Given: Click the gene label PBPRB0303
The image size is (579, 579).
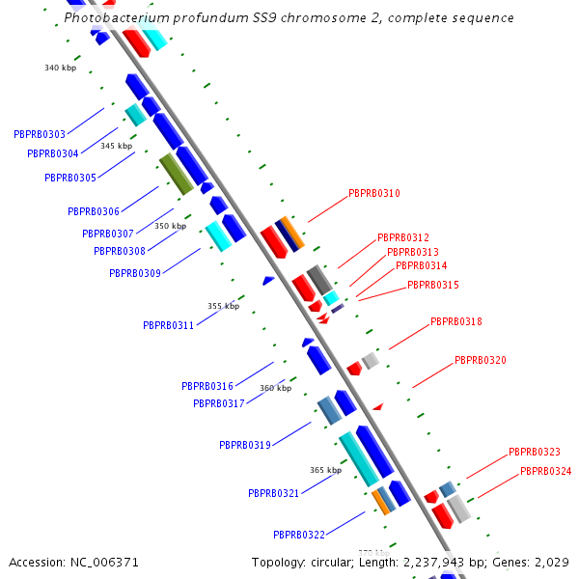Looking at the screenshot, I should pyautogui.click(x=40, y=134).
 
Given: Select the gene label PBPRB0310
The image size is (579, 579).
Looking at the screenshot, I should pyautogui.click(x=374, y=193).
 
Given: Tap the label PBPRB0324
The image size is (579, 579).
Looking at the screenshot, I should pyautogui.click(x=546, y=471).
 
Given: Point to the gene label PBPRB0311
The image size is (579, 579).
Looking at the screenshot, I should pyautogui.click(x=169, y=325).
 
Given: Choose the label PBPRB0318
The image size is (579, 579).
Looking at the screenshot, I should pyautogui.click(x=456, y=321).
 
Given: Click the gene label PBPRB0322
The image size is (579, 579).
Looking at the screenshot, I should pyautogui.click(x=299, y=534).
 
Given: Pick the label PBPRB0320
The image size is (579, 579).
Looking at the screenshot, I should pyautogui.click(x=481, y=360).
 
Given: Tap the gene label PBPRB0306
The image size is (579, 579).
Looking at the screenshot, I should pyautogui.click(x=94, y=211).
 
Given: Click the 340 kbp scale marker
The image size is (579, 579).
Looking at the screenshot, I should pyautogui.click(x=60, y=68).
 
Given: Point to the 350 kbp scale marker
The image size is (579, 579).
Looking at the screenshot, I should pyautogui.click(x=170, y=226).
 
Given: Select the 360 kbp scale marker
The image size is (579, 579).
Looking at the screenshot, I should pyautogui.click(x=275, y=388).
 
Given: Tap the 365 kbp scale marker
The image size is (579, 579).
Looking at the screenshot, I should pyautogui.click(x=325, y=470).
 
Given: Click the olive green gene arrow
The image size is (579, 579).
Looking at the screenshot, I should pyautogui.click(x=176, y=173).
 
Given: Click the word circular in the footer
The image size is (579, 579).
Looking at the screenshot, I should pyautogui.click(x=332, y=562).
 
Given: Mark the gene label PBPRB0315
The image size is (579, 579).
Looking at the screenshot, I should pyautogui.click(x=433, y=285).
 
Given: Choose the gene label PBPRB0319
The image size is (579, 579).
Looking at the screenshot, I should pyautogui.click(x=245, y=445).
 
